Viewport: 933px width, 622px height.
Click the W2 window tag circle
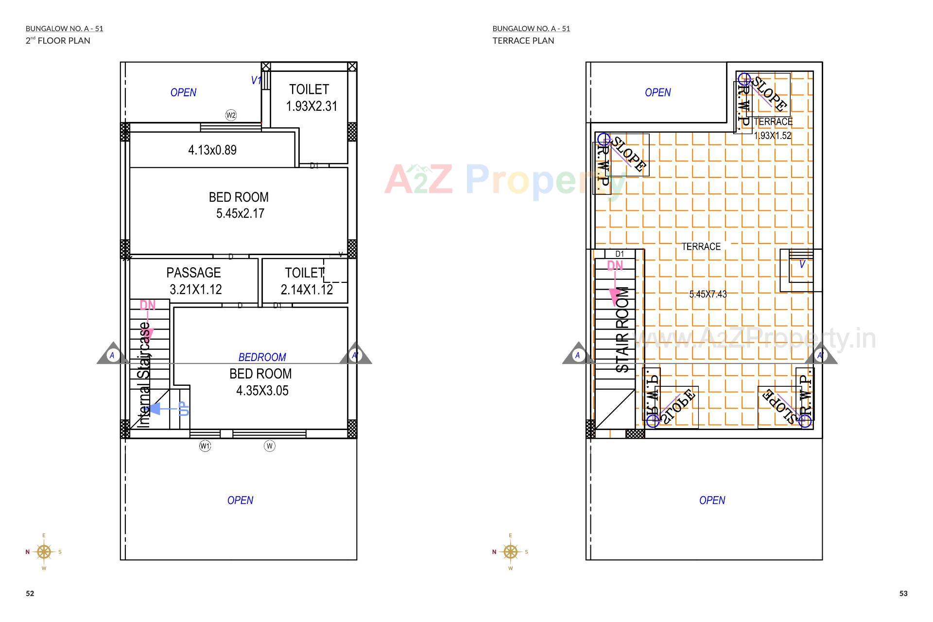tap(231, 115)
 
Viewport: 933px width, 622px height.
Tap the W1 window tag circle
tap(205, 446)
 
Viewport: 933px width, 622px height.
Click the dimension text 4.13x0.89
tap(212, 150)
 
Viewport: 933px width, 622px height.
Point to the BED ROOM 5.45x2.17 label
tap(239, 205)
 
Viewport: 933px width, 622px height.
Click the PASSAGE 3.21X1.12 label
tap(194, 281)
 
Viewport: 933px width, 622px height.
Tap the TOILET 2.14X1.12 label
tap(306, 281)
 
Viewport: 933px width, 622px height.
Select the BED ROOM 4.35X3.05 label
tap(261, 382)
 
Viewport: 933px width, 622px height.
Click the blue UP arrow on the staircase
tap(168, 409)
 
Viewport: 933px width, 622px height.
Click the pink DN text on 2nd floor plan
tap(147, 305)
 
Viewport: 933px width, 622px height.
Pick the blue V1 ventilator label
tap(256, 80)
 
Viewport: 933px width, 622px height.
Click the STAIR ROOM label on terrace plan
tap(622, 329)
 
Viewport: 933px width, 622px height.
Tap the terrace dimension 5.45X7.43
tap(708, 294)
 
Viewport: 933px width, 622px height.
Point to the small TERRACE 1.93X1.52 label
tap(773, 129)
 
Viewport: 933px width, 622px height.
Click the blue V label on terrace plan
tap(802, 264)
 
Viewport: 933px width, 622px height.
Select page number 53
tap(903, 593)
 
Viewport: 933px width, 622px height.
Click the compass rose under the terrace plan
tap(510, 552)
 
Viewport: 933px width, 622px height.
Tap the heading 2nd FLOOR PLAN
tap(58, 40)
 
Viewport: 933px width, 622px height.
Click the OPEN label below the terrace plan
tap(712, 500)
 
